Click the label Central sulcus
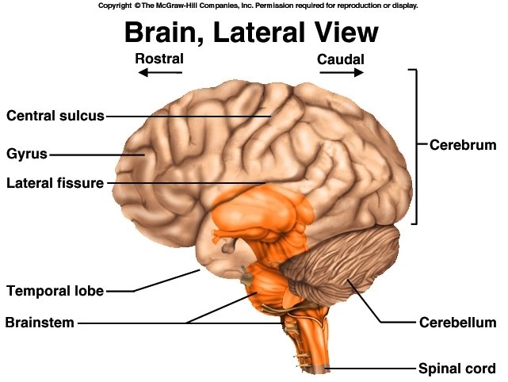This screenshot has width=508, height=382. (x=55, y=116)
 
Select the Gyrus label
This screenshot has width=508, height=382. (x=27, y=154)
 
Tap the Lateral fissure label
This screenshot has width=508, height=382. (x=55, y=183)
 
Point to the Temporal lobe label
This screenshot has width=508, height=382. (x=55, y=291)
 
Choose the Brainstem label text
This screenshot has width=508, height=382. (x=40, y=323)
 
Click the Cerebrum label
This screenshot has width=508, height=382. (x=462, y=145)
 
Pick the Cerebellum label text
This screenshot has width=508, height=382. (x=456, y=323)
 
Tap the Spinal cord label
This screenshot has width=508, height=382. (x=456, y=369)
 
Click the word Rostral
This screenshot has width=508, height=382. (x=159, y=59)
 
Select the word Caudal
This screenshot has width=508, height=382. (x=341, y=59)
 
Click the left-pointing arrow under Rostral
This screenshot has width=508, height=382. (x=159, y=73)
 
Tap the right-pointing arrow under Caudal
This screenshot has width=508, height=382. (x=342, y=73)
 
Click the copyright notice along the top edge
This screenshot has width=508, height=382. (x=258, y=5)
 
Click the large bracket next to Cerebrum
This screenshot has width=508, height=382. (x=414, y=146)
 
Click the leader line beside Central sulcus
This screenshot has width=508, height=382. (x=186, y=117)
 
